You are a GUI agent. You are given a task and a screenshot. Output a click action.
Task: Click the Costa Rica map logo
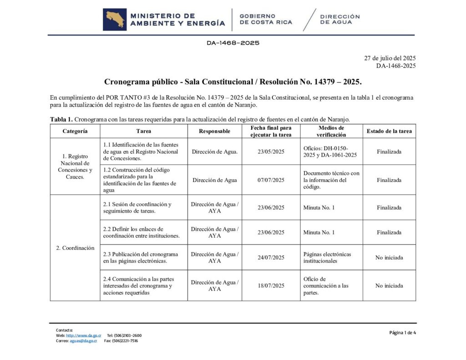tap(115, 20)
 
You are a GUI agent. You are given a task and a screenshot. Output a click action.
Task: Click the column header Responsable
tap(214, 131)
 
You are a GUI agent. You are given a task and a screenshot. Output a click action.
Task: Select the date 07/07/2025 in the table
tap(271, 180)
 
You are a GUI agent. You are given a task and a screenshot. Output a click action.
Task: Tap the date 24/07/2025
tap(271, 257)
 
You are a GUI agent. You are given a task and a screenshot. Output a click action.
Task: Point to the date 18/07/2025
tap(271, 285)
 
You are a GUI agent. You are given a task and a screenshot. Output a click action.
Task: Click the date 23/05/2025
tap(271, 152)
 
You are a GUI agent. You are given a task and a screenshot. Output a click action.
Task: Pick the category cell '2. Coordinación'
tap(75, 248)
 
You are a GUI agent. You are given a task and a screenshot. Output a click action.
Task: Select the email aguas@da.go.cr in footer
tap(83, 341)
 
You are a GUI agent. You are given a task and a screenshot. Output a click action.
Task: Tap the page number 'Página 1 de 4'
tap(402, 333)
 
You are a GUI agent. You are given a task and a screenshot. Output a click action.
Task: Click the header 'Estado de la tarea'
tap(389, 131)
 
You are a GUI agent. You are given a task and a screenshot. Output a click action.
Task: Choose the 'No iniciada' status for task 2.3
tap(389, 257)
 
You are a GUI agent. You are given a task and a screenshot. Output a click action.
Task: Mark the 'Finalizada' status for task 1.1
tap(389, 152)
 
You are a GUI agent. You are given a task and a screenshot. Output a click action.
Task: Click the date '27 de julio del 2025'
tap(390, 58)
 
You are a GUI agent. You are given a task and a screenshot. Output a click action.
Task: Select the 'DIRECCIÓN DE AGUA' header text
tap(339, 19)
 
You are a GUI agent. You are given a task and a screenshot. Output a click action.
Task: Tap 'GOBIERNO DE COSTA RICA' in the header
tap(266, 19)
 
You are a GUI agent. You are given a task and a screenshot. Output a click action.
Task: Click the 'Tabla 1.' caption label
tap(61, 119)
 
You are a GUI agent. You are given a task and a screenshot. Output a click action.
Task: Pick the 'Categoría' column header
tap(75, 131)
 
